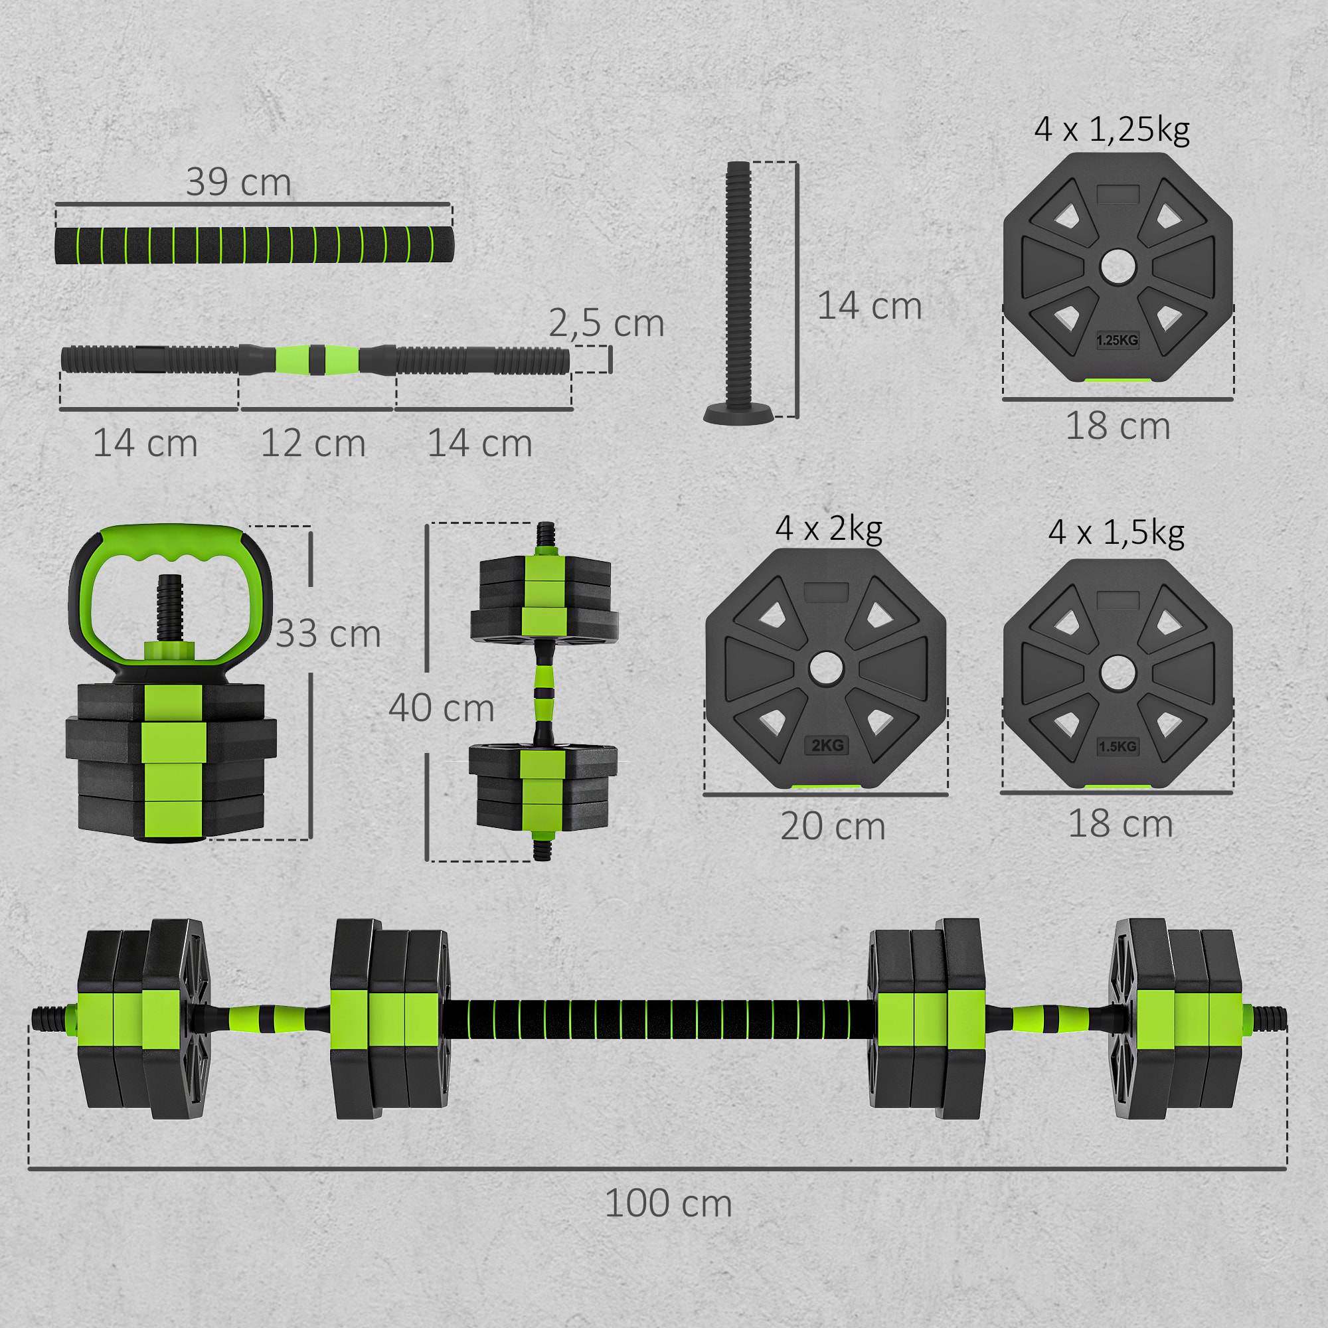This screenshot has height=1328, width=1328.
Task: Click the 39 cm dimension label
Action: pos(238,182)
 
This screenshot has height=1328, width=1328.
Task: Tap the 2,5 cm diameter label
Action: pos(606,323)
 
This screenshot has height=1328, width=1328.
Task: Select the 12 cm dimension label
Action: pos(313,444)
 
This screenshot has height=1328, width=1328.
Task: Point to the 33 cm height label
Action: pos(329,633)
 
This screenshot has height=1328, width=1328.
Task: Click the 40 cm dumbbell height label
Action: pos(442,708)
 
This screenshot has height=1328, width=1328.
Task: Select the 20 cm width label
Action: pos(833,826)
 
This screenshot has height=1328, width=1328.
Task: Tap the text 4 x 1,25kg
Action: pos(1112,129)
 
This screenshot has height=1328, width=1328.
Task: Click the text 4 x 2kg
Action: pos(828,529)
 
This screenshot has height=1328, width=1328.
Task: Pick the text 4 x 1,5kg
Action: pos(1116,533)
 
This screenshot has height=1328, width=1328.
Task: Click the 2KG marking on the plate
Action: pos(827,746)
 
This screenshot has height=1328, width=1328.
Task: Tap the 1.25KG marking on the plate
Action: pos(1117,340)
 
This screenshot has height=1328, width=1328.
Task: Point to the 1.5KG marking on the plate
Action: pos(1118,746)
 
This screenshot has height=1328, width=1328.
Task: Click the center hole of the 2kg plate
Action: pos(825,669)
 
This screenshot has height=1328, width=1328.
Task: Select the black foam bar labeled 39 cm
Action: pos(254,246)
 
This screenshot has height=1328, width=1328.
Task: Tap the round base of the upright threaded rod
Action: pos(738,415)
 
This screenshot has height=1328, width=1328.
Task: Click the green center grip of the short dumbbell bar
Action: pos(317,359)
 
